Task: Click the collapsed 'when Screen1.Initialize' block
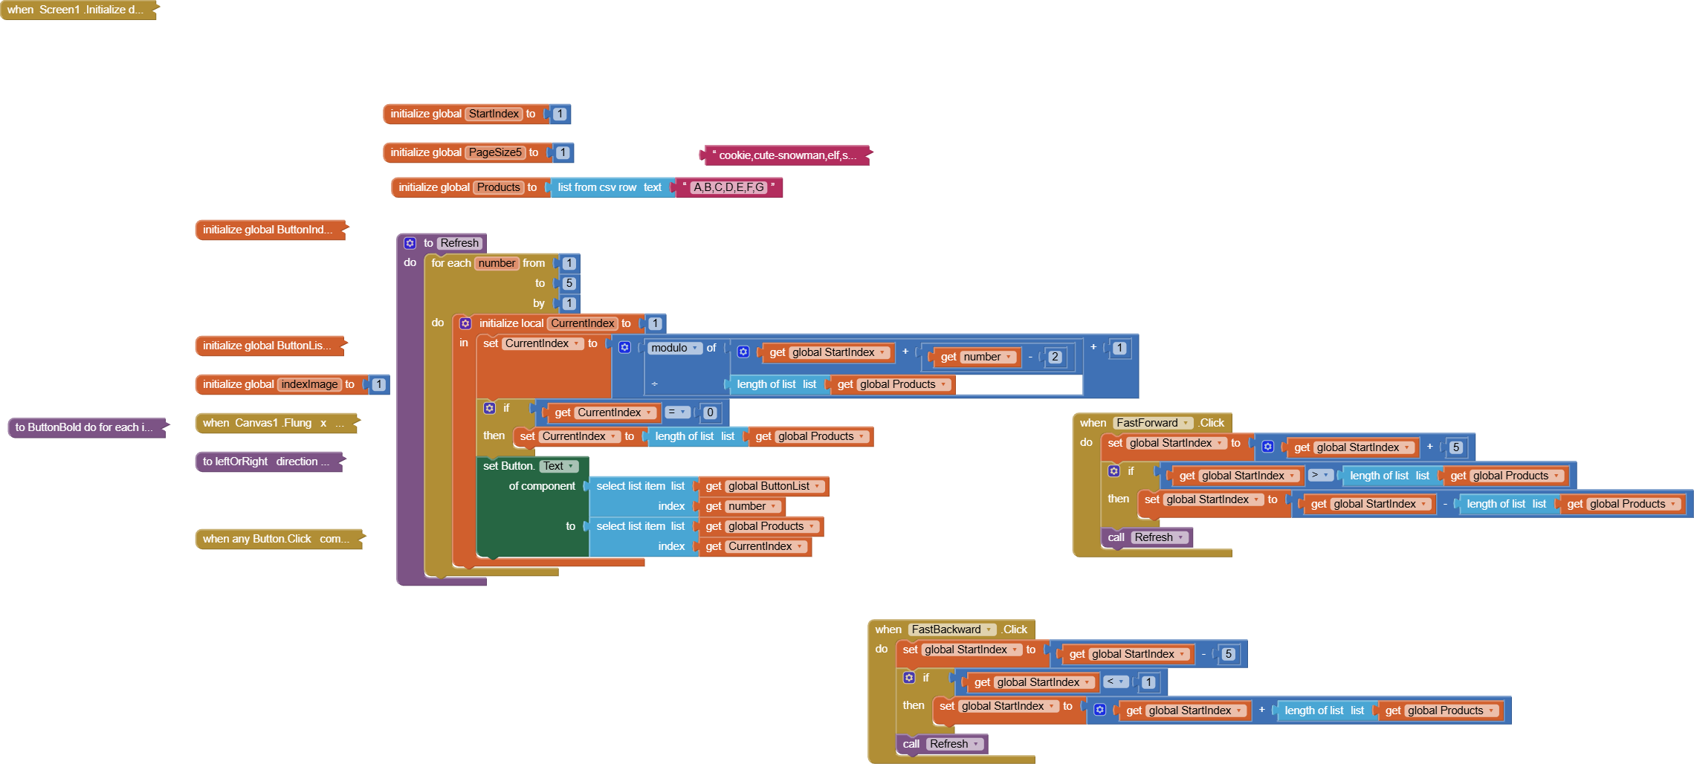74,10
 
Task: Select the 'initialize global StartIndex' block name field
494,114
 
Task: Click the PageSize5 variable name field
495,152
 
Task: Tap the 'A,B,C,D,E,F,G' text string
728,187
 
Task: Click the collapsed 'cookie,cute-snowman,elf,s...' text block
786,155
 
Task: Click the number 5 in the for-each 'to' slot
569,283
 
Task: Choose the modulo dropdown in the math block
674,348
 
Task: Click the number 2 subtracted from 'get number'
1055,357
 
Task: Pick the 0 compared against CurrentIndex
710,412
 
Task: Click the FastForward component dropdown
1153,423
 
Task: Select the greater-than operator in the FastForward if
1320,476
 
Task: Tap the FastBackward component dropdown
952,629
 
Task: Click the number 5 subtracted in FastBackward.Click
1228,654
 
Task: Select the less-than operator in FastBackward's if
1116,682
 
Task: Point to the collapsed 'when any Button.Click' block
276,539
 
